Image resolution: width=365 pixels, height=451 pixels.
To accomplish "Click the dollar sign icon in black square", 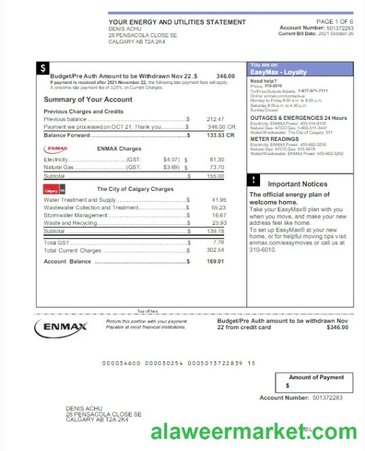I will (x=43, y=68).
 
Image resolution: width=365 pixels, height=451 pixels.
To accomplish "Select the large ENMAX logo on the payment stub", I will (x=60, y=328).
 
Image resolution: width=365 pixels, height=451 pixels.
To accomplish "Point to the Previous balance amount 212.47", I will (x=215, y=119).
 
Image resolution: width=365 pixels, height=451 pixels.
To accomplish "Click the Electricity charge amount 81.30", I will (x=217, y=159).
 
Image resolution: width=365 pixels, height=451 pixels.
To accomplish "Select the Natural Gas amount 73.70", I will (x=217, y=167).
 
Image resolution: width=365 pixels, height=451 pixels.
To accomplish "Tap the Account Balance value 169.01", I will (x=215, y=261).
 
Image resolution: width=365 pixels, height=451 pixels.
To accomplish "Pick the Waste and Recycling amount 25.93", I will (x=218, y=222).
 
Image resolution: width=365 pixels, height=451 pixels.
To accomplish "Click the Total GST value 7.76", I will (x=218, y=242).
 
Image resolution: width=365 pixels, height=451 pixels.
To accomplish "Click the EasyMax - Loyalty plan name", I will (x=278, y=71).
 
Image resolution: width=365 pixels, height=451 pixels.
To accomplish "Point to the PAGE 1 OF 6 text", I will (x=335, y=22).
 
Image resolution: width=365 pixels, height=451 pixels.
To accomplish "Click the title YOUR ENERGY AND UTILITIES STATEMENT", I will (x=177, y=22).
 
